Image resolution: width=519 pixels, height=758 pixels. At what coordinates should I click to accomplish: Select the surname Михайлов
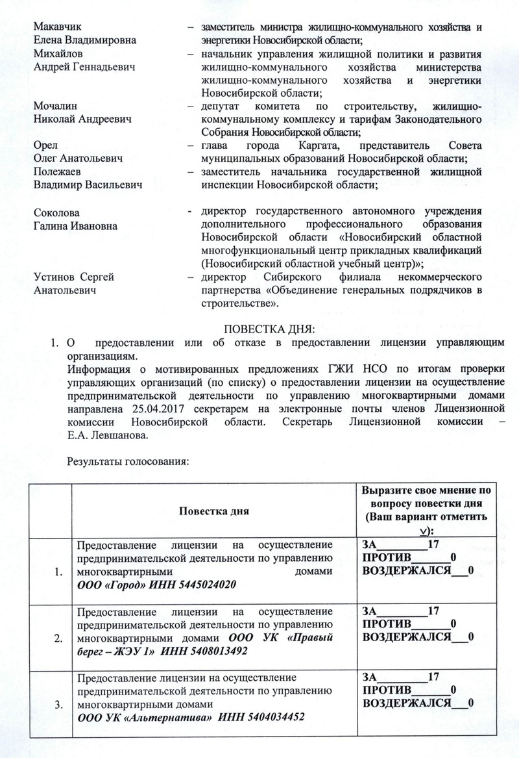point(56,54)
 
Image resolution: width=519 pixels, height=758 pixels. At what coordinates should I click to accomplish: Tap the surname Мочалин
point(54,107)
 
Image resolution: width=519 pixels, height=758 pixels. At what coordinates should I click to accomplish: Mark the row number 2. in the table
point(59,638)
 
